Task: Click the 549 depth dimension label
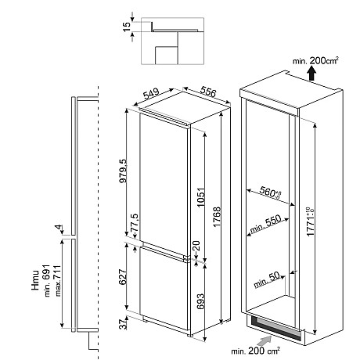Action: (x=151, y=94)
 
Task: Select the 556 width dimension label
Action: (x=208, y=92)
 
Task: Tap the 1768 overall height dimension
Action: (x=217, y=217)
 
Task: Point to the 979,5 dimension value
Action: (x=123, y=171)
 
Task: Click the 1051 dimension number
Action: (x=201, y=197)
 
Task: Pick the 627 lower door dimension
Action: (x=122, y=277)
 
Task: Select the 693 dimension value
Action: (x=200, y=301)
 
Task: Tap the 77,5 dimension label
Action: (x=135, y=224)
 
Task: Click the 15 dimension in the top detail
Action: (x=127, y=27)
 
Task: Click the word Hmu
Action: (x=35, y=280)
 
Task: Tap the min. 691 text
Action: (x=47, y=280)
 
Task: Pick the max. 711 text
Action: (x=57, y=281)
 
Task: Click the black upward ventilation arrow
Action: (x=311, y=74)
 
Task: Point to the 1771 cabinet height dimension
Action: (x=311, y=221)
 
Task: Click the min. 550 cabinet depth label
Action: (x=265, y=224)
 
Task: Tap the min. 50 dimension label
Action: (x=267, y=279)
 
